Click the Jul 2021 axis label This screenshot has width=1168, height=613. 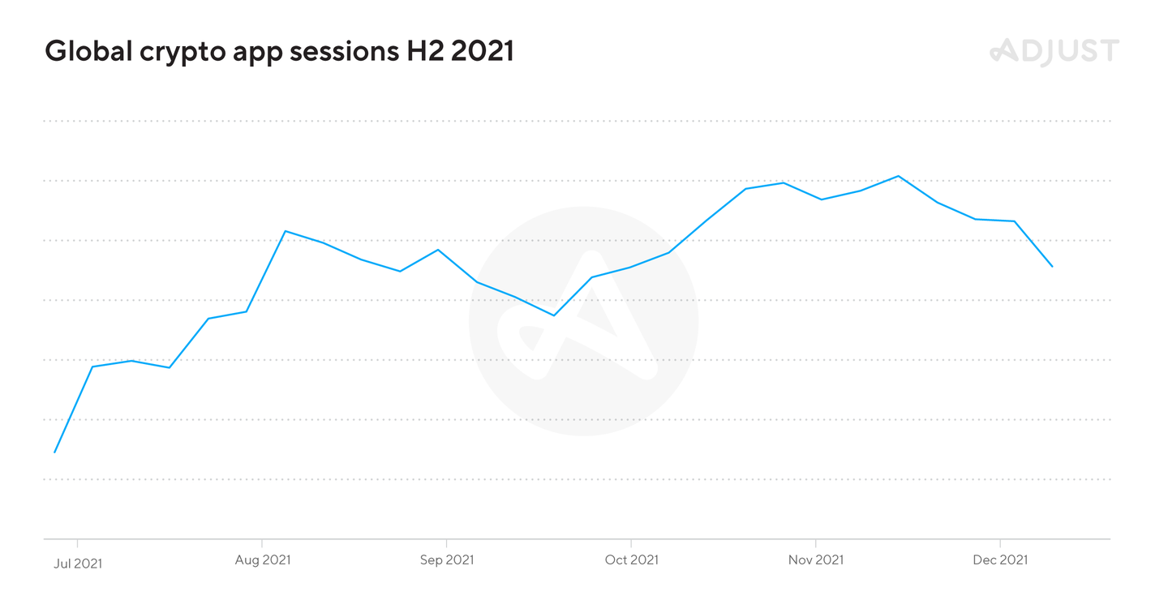click(78, 562)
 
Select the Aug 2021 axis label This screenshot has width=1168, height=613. click(262, 559)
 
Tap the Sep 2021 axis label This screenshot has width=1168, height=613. click(447, 559)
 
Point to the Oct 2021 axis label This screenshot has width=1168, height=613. click(631, 559)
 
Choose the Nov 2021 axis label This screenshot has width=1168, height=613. click(816, 559)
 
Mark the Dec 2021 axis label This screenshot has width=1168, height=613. click(1000, 559)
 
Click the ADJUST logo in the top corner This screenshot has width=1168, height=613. click(1054, 51)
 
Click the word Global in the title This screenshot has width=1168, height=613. click(88, 51)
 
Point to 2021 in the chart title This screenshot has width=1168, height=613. click(482, 51)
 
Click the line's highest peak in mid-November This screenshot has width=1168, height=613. click(898, 176)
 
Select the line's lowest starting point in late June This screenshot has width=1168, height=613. click(54, 452)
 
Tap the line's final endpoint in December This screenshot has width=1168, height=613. click(1052, 266)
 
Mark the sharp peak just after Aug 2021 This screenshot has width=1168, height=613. click(285, 231)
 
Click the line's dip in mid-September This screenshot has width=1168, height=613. click(554, 315)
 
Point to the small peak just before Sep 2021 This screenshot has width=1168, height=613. click(439, 250)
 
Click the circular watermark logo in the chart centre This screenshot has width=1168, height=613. click(583, 321)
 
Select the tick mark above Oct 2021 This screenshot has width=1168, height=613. click(631, 542)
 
